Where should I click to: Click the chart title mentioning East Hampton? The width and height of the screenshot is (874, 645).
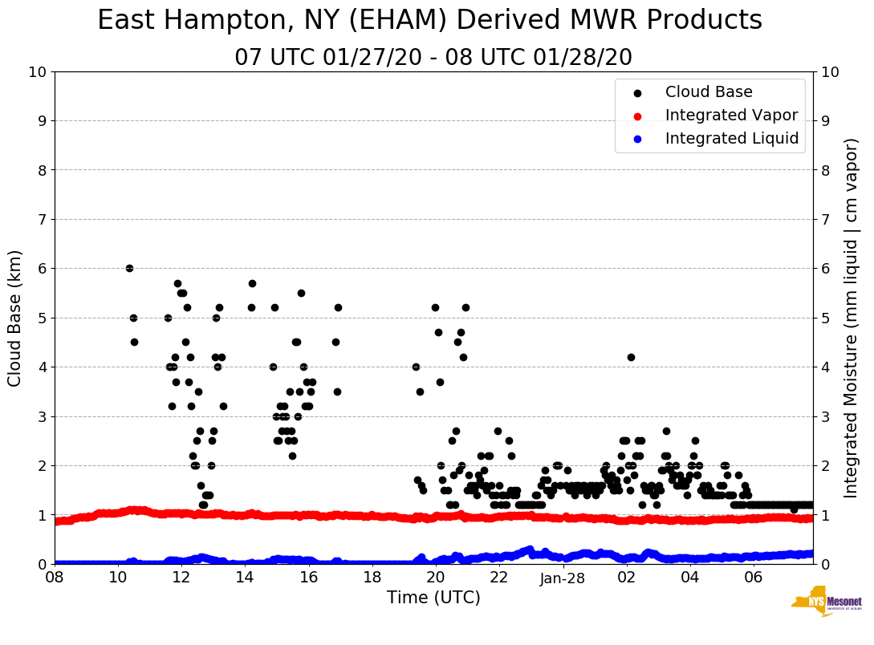pos(429,21)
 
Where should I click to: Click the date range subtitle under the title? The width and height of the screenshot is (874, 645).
pos(433,58)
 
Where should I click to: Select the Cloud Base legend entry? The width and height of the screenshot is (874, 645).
pos(709,92)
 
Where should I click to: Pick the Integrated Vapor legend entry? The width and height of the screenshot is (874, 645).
pos(731,116)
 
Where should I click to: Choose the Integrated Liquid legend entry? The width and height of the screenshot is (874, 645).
pos(731,139)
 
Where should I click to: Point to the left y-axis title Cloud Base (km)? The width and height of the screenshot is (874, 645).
pos(15,318)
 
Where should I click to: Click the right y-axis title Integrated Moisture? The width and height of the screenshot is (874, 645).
pos(852,318)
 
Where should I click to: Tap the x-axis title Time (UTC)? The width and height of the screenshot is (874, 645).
pos(433,598)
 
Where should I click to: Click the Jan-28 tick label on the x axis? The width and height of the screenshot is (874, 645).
pos(563,578)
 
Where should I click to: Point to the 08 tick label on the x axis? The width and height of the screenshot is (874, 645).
pos(55,578)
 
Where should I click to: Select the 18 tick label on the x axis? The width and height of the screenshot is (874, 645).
pos(372,578)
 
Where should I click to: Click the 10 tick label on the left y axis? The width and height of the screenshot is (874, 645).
pos(38,72)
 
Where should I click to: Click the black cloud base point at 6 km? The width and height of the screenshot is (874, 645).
pos(129,268)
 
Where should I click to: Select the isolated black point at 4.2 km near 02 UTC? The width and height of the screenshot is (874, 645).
pos(631,357)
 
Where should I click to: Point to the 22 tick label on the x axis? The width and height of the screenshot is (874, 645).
pos(499,578)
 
